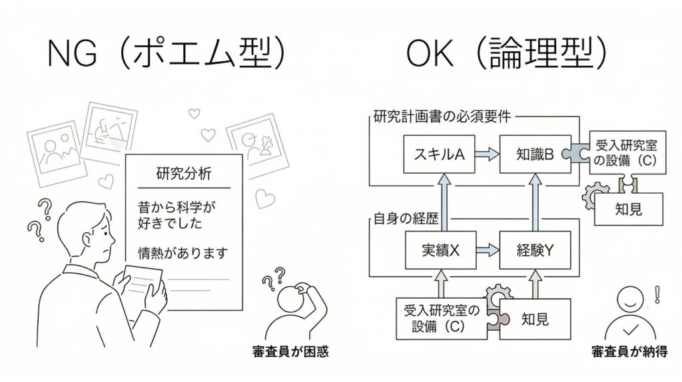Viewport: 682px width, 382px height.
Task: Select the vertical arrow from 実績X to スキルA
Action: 438,203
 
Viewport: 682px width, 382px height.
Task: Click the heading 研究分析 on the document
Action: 184,174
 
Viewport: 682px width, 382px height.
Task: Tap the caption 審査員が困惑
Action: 291,351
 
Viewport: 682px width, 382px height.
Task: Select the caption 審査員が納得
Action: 629,351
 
